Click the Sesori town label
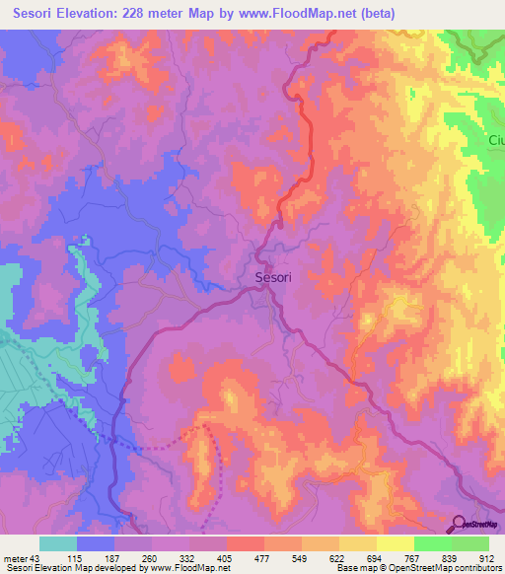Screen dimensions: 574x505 coord(273,278)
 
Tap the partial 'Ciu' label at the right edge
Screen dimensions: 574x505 coord(495,141)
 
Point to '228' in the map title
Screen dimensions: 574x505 coord(175,15)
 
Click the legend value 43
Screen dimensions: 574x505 coord(38,556)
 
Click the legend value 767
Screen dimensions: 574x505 coord(413,556)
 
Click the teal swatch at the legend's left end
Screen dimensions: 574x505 coord(57,543)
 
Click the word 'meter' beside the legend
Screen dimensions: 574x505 coord(15,556)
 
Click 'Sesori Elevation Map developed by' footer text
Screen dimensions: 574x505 coord(79,567)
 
